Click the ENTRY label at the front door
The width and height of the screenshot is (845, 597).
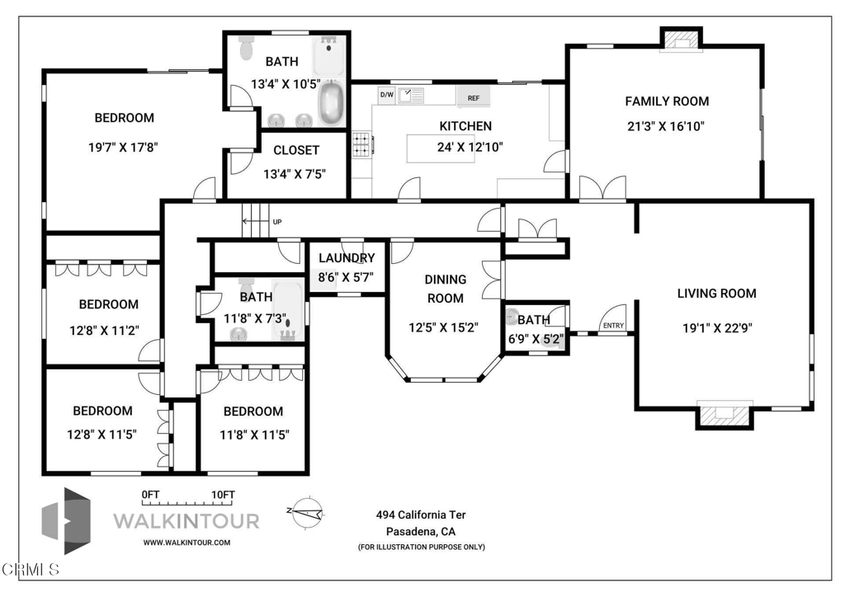pos(613,326)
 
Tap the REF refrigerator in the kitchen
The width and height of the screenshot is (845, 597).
pos(474,98)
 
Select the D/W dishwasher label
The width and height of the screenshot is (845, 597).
pos(386,95)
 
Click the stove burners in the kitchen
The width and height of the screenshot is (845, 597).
pos(361,145)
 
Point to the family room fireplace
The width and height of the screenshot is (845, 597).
pos(682,38)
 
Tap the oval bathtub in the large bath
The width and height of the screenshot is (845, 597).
pos(332,104)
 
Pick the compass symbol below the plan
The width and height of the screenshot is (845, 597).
pos(305,512)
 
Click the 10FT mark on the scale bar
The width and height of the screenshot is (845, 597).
pos(223,494)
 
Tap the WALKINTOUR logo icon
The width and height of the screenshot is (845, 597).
pos(67,520)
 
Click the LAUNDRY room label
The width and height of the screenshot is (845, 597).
pos(347,258)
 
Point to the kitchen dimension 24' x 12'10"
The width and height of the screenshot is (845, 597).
pos(470,147)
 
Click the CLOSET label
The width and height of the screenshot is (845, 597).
pos(296,151)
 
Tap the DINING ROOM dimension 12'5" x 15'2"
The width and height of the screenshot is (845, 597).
pos(445,327)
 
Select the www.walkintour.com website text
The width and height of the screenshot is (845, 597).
pos(186,543)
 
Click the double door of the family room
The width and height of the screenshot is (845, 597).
pos(602,189)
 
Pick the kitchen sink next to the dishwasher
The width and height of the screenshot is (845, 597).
pos(411,96)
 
